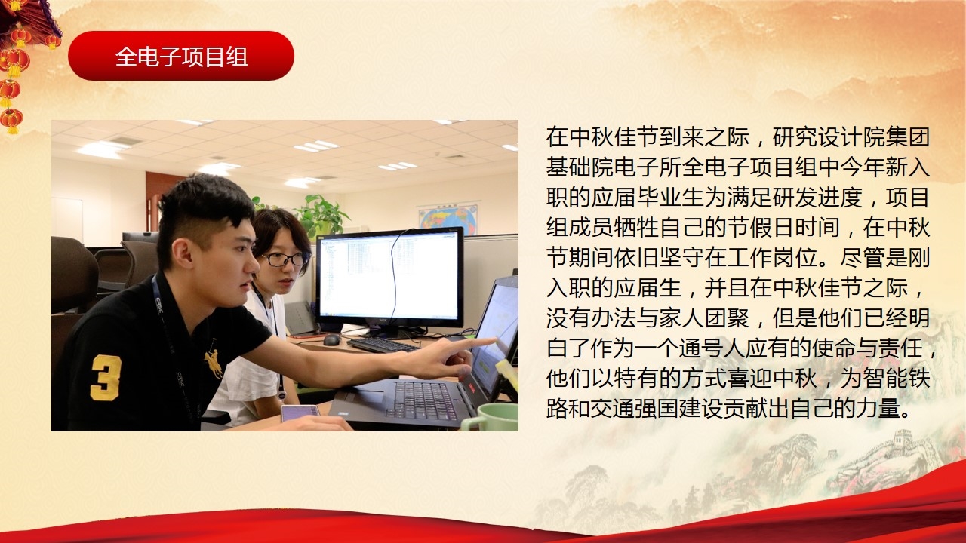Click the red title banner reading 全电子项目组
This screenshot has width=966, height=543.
[181, 56]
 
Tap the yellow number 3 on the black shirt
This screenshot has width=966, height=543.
[106, 378]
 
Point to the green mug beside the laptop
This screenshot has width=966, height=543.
[491, 417]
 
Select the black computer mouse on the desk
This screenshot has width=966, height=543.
[331, 340]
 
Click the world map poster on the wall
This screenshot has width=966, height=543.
[448, 219]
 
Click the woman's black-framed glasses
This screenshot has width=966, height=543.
[286, 259]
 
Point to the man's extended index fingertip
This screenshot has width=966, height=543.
[494, 340]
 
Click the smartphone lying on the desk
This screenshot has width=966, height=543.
[300, 413]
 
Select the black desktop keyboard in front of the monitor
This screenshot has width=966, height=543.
[383, 345]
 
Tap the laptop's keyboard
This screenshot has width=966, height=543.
[422, 400]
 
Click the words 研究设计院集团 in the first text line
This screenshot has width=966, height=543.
[851, 137]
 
